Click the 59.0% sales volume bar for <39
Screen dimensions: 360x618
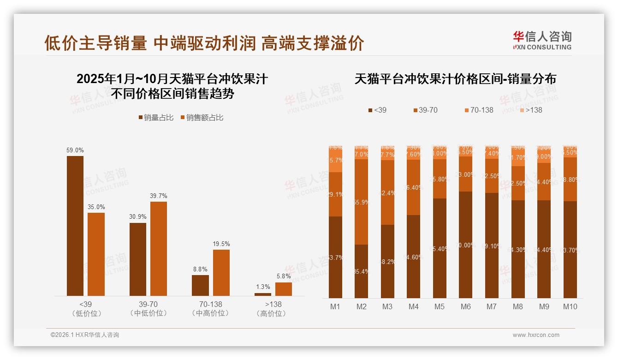pos(75,226)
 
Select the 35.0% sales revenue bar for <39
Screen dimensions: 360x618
pos(96,254)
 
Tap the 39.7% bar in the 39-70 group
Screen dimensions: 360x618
pos(159,248)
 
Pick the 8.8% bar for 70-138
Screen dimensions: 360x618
pos(200,285)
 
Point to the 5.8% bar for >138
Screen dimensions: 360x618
pos(284,289)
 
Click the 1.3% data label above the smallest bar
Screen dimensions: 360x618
pos(263,287)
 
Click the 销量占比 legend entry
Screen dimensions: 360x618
pos(156,118)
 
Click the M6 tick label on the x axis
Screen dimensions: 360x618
pos(465,306)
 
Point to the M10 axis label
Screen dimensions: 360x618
pos(570,306)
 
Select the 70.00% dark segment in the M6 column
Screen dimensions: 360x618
pos(465,245)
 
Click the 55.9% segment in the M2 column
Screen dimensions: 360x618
pos(361,202)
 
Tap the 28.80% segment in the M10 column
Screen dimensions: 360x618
pos(570,179)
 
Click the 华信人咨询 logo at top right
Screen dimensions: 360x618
pos(542,40)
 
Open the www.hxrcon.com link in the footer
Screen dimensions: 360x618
pos(536,335)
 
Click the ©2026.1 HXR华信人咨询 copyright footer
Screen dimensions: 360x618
pos(85,335)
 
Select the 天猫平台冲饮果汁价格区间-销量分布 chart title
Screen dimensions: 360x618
pos(455,79)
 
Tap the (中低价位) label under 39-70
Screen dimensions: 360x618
pos(148,313)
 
